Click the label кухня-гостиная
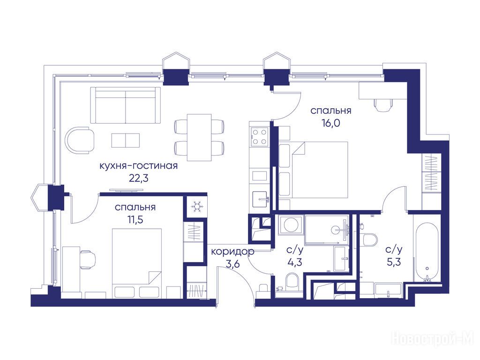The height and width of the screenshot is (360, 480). click(139, 166)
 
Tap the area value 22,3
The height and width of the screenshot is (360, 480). click(139, 178)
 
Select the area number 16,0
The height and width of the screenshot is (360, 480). click(331, 123)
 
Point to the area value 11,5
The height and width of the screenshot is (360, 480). click(135, 219)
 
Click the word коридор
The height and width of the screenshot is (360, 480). click(232, 252)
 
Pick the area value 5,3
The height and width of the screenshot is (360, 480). click(394, 262)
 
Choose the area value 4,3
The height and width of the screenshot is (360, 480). click(295, 262)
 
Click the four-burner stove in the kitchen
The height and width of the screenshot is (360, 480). click(259, 136)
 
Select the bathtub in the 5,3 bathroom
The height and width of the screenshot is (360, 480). click(427, 252)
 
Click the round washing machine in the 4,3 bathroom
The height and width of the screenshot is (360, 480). click(290, 225)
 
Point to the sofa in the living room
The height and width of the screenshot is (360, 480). click(126, 105)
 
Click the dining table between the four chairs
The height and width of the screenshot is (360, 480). click(199, 137)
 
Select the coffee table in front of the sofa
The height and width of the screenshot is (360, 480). click(126, 141)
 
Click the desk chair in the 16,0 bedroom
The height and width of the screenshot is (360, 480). click(383, 105)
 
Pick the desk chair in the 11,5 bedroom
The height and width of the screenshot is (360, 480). click(88, 259)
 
